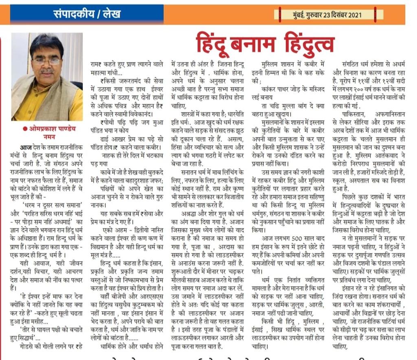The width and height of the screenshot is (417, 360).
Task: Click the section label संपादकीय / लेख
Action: click(x=87, y=15)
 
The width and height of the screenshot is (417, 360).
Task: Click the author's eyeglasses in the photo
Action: click(x=47, y=61)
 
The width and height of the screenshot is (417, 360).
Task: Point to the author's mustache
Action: click(x=47, y=70)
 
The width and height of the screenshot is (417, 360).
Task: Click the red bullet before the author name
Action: click(x=26, y=129)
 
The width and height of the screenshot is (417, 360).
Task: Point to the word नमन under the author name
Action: click(x=47, y=137)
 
